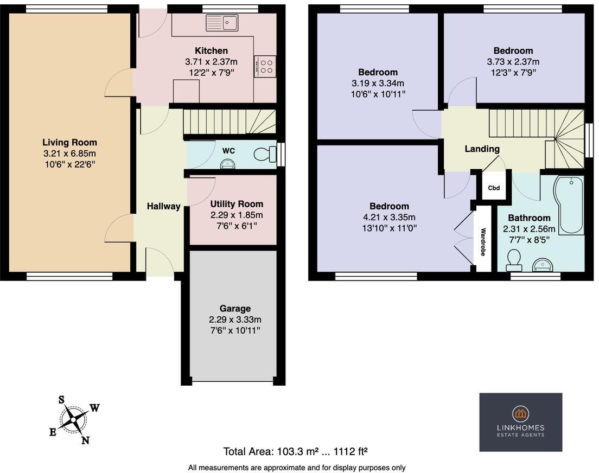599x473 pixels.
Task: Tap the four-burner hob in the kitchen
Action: [265, 67]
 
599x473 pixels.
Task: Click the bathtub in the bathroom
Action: [568, 205]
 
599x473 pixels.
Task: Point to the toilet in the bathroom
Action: [512, 261]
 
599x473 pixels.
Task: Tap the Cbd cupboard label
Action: [494, 188]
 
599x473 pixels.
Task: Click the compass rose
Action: [74, 419]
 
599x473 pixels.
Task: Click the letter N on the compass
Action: [85, 440]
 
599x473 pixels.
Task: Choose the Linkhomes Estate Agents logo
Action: [520, 422]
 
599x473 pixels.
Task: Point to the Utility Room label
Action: [237, 204]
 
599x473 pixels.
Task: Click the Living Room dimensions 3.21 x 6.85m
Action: [70, 153]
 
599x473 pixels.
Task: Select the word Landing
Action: [482, 149]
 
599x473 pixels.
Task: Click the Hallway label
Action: [163, 206]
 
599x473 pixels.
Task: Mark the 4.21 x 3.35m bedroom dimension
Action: [389, 217]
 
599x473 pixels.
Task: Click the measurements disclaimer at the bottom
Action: [297, 467]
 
